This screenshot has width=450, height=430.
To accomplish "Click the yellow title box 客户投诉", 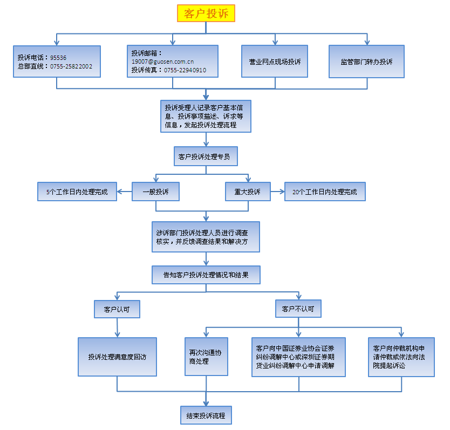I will tap(206, 13).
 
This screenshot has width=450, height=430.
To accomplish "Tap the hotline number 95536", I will tap(58, 57).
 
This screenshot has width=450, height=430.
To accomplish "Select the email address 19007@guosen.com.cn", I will tap(162, 62).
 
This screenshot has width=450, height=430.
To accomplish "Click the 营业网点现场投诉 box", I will tap(275, 62).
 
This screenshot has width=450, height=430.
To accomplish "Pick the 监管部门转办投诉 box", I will tap(366, 62).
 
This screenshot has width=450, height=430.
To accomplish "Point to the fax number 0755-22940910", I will tap(185, 70).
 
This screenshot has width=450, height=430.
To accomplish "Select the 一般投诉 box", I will tap(155, 192).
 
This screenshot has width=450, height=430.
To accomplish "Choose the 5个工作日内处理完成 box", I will tap(77, 192).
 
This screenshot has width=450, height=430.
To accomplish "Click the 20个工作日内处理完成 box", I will tap(325, 192).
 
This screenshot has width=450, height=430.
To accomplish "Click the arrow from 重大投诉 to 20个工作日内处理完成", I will tap(277, 192).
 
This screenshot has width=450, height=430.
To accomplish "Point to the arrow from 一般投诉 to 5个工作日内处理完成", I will tap(125, 192).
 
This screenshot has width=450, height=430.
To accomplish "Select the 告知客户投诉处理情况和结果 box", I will tap(206, 275).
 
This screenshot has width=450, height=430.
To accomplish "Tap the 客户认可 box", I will tap(117, 310).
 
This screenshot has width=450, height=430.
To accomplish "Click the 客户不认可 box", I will tap(297, 310).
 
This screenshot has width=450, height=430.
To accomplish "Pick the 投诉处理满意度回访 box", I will tap(117, 357).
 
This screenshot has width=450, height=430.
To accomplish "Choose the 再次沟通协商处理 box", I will tap(206, 357).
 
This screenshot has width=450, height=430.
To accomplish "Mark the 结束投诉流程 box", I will tap(206, 416).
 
